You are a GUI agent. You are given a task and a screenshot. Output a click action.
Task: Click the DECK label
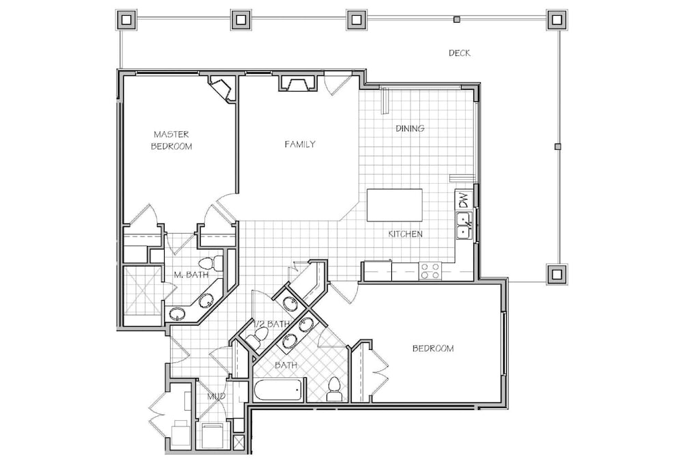click(x=460, y=53)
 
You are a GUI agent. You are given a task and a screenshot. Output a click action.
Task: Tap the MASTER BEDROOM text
click(x=171, y=140)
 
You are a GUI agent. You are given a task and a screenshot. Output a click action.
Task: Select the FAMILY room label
click(x=300, y=144)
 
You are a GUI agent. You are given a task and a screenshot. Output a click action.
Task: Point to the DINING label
click(x=410, y=128)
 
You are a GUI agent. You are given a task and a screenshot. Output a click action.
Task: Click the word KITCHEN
click(x=406, y=234)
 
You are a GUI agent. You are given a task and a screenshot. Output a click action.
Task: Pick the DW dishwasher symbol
click(x=464, y=200)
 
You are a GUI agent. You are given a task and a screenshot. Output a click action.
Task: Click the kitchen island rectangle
click(x=395, y=205)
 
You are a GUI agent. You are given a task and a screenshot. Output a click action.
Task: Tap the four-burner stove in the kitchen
click(x=430, y=271)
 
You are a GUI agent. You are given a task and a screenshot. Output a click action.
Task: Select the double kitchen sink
click(x=464, y=226)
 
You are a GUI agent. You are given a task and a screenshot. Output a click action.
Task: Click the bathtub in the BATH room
click(x=279, y=390)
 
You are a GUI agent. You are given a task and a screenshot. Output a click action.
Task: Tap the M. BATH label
click(x=191, y=275)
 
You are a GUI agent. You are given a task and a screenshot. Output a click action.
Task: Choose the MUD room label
click(x=216, y=396)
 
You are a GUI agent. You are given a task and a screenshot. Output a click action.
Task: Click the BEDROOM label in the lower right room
click(x=433, y=349)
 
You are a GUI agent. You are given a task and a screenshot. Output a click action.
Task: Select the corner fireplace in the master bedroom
click(x=222, y=89)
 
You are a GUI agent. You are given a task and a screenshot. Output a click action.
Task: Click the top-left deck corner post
click(x=126, y=20)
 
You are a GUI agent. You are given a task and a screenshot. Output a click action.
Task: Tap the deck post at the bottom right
click(x=557, y=274)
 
